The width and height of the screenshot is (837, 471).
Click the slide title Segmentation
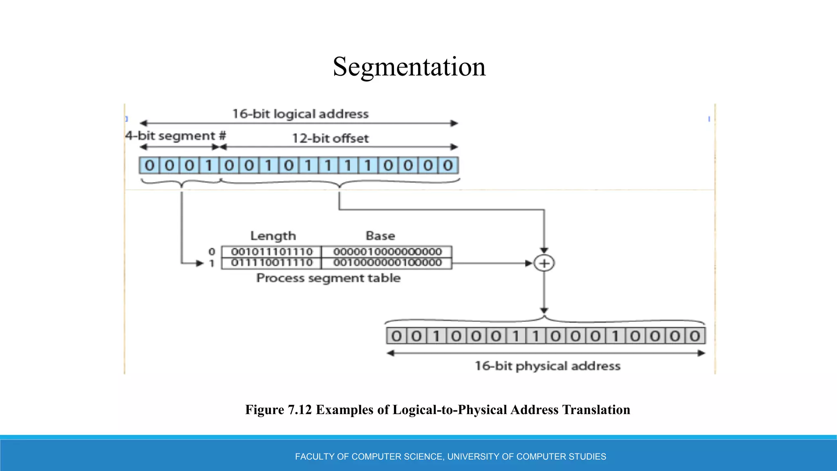click(409, 67)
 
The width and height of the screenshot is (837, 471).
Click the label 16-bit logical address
click(300, 114)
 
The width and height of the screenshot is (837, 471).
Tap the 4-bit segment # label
click(175, 136)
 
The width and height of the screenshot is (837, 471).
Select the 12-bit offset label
click(330, 138)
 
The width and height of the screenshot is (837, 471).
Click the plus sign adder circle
click(544, 263)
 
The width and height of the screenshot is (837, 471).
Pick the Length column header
click(273, 236)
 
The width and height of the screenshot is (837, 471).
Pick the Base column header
click(380, 236)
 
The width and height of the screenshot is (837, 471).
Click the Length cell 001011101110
click(272, 251)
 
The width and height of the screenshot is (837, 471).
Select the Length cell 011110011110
click(272, 262)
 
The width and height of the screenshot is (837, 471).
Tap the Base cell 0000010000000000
click(387, 251)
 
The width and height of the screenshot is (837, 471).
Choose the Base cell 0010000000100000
click(387, 262)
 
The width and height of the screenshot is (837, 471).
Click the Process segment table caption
click(328, 278)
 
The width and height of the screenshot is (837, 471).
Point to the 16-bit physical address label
click(547, 366)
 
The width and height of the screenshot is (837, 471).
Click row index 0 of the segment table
click(212, 252)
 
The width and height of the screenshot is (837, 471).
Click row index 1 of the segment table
click(212, 263)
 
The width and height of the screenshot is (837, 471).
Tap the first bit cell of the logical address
click(150, 166)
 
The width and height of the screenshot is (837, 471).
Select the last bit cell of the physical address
click(695, 336)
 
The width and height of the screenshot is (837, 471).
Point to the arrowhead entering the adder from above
click(544, 251)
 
